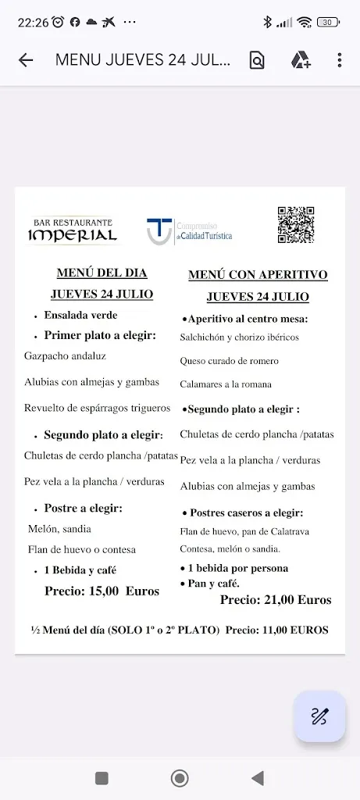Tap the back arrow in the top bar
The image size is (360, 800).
tap(26, 60)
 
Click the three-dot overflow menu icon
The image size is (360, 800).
tap(340, 60)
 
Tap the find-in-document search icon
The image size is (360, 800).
tap(257, 60)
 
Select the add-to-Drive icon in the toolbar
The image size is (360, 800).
tap(301, 60)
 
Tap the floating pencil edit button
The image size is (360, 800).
tap(319, 716)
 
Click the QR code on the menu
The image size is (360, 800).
tap(295, 226)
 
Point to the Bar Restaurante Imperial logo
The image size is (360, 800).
tap(73, 230)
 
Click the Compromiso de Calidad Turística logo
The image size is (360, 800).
tap(190, 231)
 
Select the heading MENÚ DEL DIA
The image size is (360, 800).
tap(102, 273)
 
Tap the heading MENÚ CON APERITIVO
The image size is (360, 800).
tap(258, 275)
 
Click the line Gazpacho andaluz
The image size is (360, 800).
tap(65, 355)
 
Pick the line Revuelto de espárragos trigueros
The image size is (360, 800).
tap(97, 408)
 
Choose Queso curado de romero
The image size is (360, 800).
tap(229, 361)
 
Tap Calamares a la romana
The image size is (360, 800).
tap(226, 384)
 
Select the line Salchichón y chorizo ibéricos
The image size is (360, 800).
tap(239, 337)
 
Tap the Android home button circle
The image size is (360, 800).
tap(180, 778)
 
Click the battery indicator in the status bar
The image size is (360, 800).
tap(328, 22)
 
